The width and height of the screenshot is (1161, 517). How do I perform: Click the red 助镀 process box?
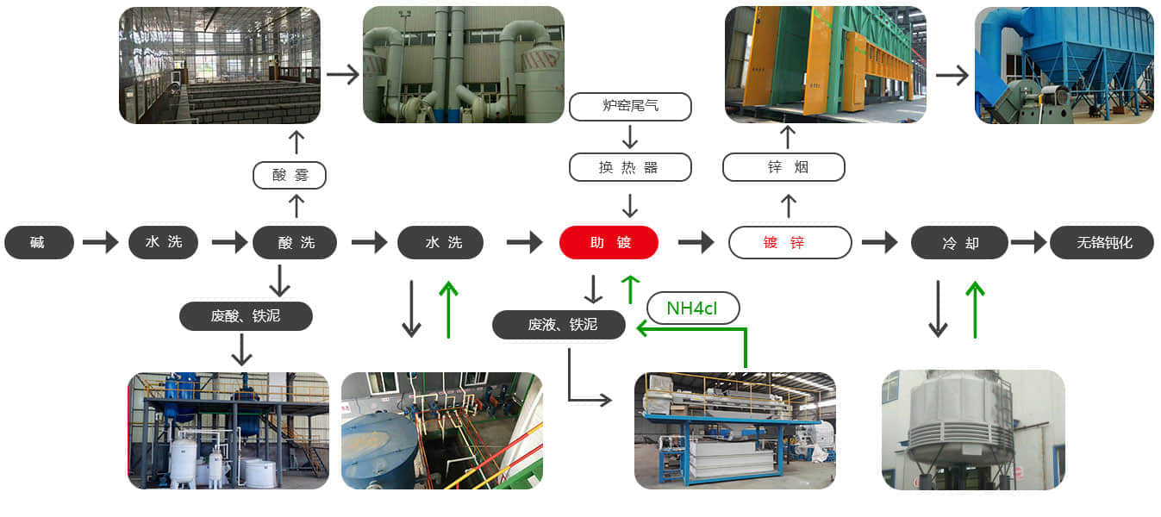(609, 243)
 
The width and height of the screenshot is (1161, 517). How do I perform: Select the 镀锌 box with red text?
(790, 243)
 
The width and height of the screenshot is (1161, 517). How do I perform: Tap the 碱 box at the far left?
(39, 243)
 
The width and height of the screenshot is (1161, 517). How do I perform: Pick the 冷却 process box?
(959, 243)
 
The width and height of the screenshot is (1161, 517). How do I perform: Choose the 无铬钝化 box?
(1102, 243)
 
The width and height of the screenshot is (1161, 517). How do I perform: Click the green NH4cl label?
(693, 307)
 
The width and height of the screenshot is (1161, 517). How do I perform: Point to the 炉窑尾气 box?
(630, 107)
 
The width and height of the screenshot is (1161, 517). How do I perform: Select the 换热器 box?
(630, 167)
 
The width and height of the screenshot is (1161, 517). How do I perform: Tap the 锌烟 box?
(783, 167)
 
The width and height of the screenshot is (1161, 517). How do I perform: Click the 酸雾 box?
(290, 176)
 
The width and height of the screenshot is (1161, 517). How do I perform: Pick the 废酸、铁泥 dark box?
(246, 316)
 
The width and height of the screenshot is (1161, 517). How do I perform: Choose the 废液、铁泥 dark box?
(559, 324)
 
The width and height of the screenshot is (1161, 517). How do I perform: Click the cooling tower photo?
(973, 429)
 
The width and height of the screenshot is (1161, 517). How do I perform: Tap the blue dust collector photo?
(1064, 65)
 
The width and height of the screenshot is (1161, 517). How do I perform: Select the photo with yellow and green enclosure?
(826, 65)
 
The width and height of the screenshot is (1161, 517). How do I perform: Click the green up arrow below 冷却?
(975, 308)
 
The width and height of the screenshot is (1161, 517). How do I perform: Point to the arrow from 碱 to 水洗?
(100, 243)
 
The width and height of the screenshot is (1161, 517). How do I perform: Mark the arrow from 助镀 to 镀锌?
(696, 243)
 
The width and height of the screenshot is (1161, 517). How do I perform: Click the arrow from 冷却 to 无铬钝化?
(1027, 243)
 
